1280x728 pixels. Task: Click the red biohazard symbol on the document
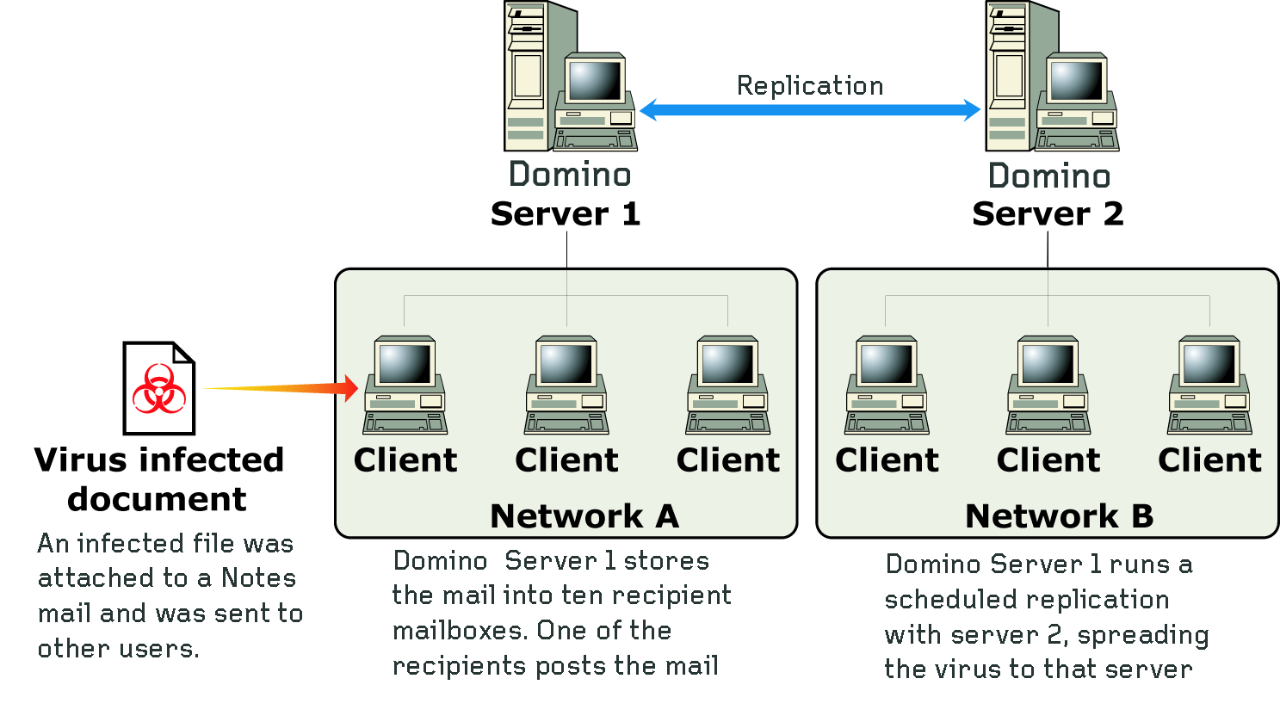click(159, 389)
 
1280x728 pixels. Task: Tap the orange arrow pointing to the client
click(284, 388)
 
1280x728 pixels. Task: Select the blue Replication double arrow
click(810, 109)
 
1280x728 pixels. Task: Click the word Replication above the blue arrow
click(810, 86)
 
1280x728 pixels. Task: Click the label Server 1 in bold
click(566, 214)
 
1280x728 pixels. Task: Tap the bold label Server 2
click(1048, 214)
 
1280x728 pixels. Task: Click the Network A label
click(584, 516)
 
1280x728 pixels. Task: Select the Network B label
click(1059, 516)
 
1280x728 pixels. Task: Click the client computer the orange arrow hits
click(405, 386)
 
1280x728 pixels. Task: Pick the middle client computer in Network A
click(567, 386)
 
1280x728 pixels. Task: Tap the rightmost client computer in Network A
click(728, 386)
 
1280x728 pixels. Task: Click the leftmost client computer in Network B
click(887, 386)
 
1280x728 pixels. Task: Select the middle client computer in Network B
click(1048, 386)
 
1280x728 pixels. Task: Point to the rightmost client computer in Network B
click(1209, 386)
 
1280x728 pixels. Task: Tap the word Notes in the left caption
click(258, 578)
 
